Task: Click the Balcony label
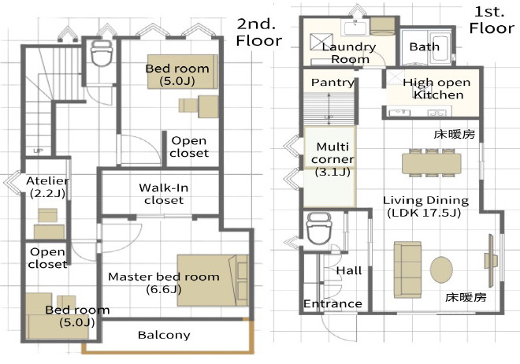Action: (164, 335)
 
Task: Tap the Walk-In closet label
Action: (164, 194)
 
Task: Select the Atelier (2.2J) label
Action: (48, 187)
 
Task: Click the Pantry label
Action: (332, 82)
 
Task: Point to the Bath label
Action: (425, 46)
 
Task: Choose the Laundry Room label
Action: (349, 53)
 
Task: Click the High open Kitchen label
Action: (437, 88)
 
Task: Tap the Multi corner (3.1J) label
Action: (332, 159)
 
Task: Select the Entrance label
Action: (332, 303)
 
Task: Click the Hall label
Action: (349, 270)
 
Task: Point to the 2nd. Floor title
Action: (258, 32)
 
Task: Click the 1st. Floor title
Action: (492, 20)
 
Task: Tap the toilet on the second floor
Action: (102, 54)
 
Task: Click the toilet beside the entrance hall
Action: (319, 228)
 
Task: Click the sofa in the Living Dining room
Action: (407, 269)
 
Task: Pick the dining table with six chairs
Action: (432, 162)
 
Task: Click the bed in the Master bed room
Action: (213, 280)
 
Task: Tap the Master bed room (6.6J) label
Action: (164, 283)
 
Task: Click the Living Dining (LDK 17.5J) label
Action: (425, 206)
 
